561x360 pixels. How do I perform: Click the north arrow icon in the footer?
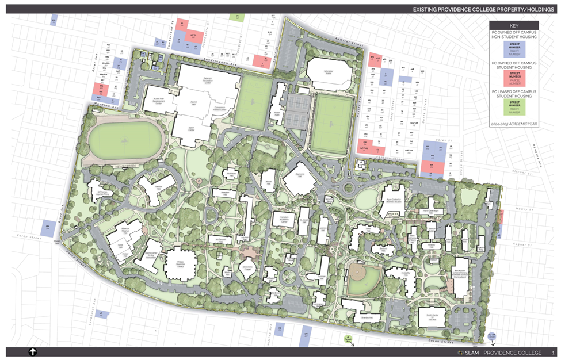[x=33, y=352]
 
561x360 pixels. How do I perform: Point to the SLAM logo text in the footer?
[x=470, y=353]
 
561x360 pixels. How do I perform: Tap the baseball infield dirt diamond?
[x=364, y=280]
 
